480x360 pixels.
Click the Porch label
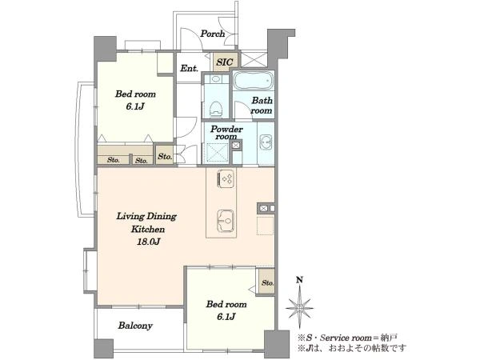(x=213, y=34)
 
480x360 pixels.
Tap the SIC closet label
(x=224, y=62)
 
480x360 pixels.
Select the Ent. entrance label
(x=189, y=68)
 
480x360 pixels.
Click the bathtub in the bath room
(x=253, y=81)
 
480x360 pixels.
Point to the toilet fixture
(x=216, y=109)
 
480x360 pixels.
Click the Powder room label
(x=226, y=133)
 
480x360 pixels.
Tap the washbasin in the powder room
(x=266, y=142)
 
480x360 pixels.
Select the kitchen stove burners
(x=226, y=178)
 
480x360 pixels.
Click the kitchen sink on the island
(x=226, y=221)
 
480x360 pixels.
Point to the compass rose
(x=299, y=308)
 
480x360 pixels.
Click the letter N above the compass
(x=300, y=279)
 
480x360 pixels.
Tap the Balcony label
(x=135, y=326)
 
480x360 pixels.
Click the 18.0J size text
(x=148, y=242)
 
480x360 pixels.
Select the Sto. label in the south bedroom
(x=267, y=283)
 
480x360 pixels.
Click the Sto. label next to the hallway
(x=165, y=157)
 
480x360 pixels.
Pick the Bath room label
(x=262, y=106)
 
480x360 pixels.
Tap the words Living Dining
(x=146, y=217)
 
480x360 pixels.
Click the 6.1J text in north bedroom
(x=134, y=106)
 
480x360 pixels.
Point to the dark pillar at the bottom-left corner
(x=103, y=348)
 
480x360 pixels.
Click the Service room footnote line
(x=347, y=338)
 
